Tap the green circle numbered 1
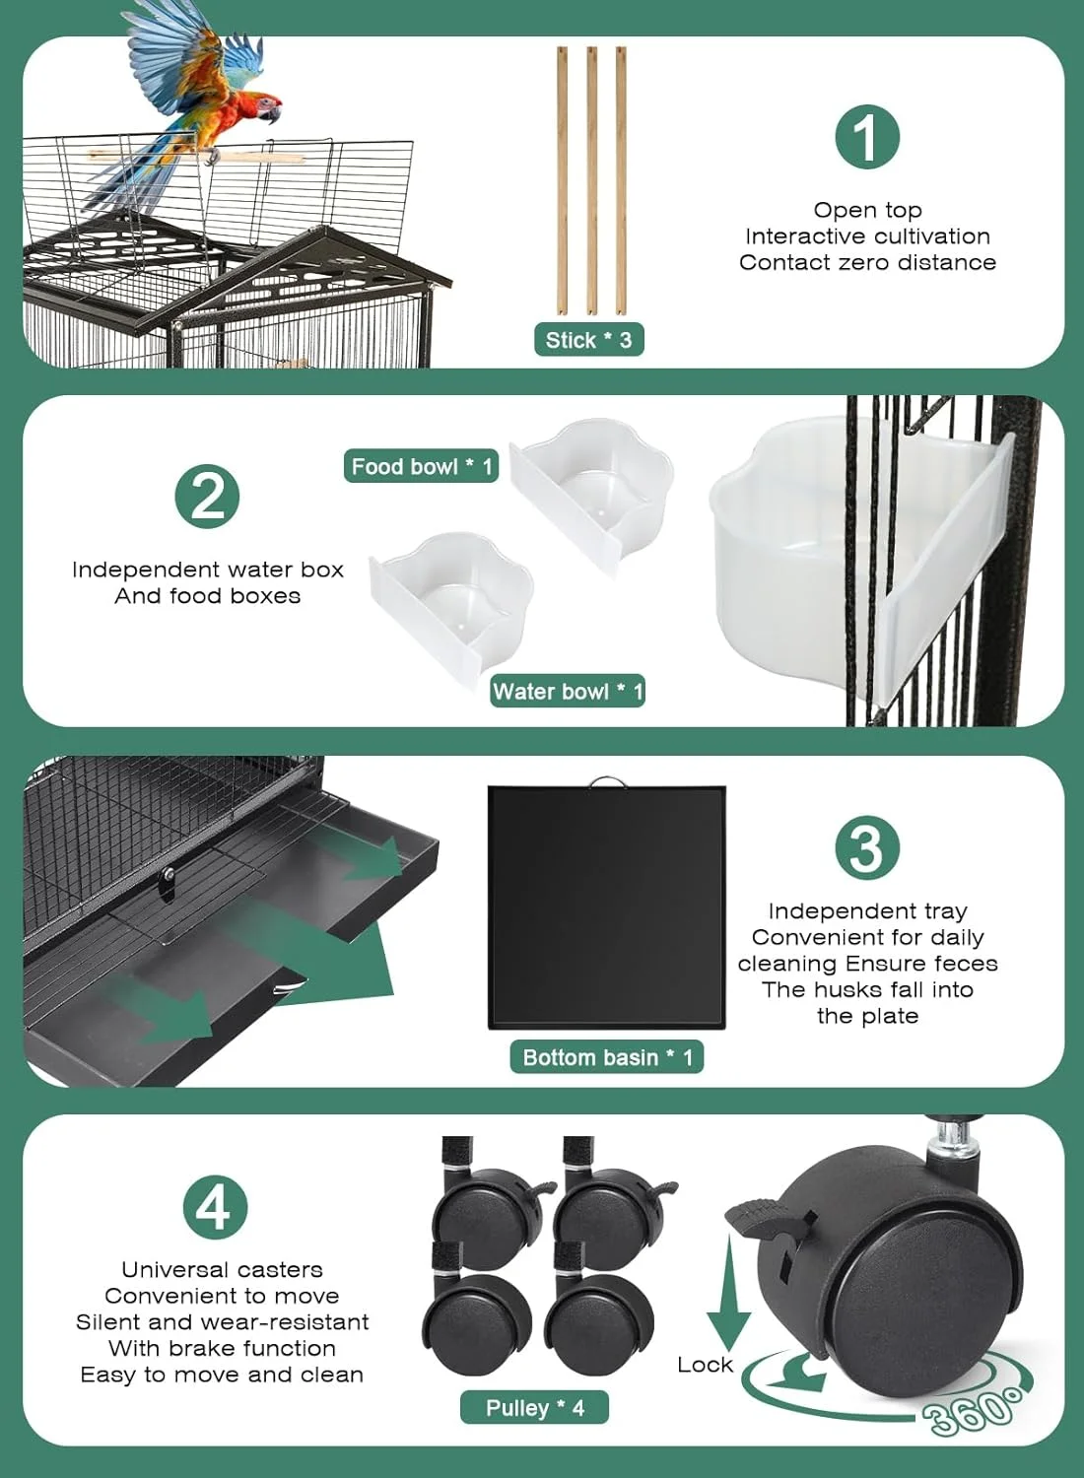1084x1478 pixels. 867,137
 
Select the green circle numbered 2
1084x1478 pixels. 207,497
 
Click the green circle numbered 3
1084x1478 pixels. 867,847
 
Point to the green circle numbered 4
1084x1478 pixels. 215,1207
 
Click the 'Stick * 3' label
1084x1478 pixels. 588,340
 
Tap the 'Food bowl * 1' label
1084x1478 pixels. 421,466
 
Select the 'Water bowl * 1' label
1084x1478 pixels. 568,691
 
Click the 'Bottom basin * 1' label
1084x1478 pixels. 607,1057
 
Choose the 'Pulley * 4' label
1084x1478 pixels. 534,1408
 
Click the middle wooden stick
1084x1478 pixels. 592,180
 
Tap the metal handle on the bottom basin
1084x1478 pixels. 607,781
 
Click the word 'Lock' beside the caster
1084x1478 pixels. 705,1365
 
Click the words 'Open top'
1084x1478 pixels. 867,211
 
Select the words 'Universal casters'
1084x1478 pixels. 222,1269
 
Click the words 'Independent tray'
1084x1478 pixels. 867,911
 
